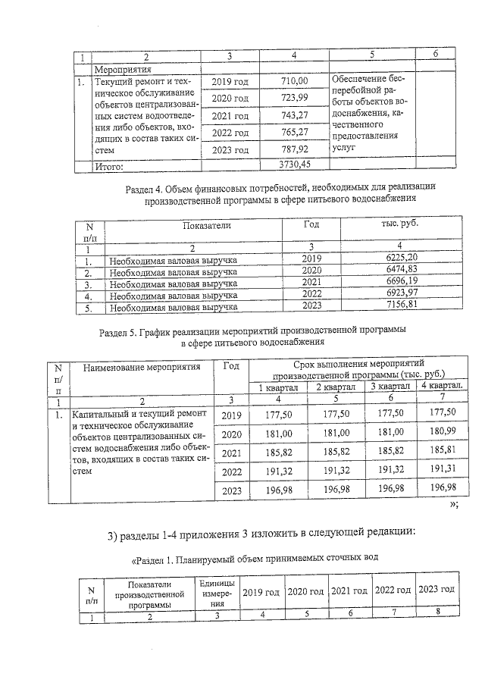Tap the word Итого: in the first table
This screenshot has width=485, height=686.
tap(111, 164)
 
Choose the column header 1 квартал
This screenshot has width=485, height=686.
tap(280, 387)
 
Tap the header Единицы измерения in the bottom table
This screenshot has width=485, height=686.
tap(218, 594)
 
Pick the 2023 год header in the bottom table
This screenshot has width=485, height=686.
tap(436, 590)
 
